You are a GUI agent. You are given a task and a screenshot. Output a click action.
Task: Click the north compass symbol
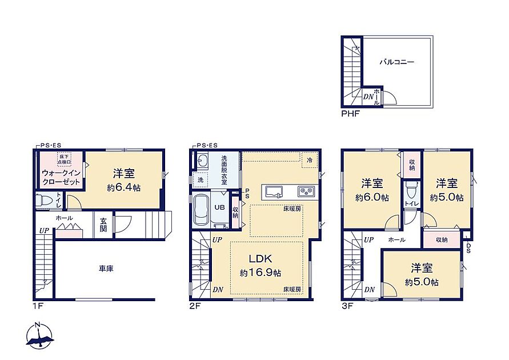click(x=39, y=335)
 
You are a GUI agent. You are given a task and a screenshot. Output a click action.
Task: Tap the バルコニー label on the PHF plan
click(x=397, y=62)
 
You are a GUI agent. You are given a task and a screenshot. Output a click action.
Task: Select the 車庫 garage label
click(x=106, y=269)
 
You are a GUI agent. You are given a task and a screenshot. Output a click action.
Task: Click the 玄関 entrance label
click(x=103, y=225)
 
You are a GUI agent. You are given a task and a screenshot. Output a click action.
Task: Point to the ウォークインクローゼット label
click(x=61, y=177)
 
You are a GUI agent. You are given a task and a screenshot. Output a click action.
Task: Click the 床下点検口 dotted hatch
click(x=65, y=159)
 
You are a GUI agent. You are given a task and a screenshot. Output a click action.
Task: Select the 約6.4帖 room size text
click(x=123, y=187)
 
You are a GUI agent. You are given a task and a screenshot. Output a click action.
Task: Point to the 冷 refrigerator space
click(x=310, y=160)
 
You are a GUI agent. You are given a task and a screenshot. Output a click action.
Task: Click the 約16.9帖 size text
click(x=260, y=273)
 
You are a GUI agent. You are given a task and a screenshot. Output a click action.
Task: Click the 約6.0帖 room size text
click(x=372, y=197)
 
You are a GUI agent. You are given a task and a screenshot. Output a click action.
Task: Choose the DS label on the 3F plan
click(x=469, y=248)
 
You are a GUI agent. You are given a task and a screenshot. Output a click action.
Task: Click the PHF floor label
click(x=350, y=114)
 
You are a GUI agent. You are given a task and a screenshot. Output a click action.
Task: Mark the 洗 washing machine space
click(x=201, y=179)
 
